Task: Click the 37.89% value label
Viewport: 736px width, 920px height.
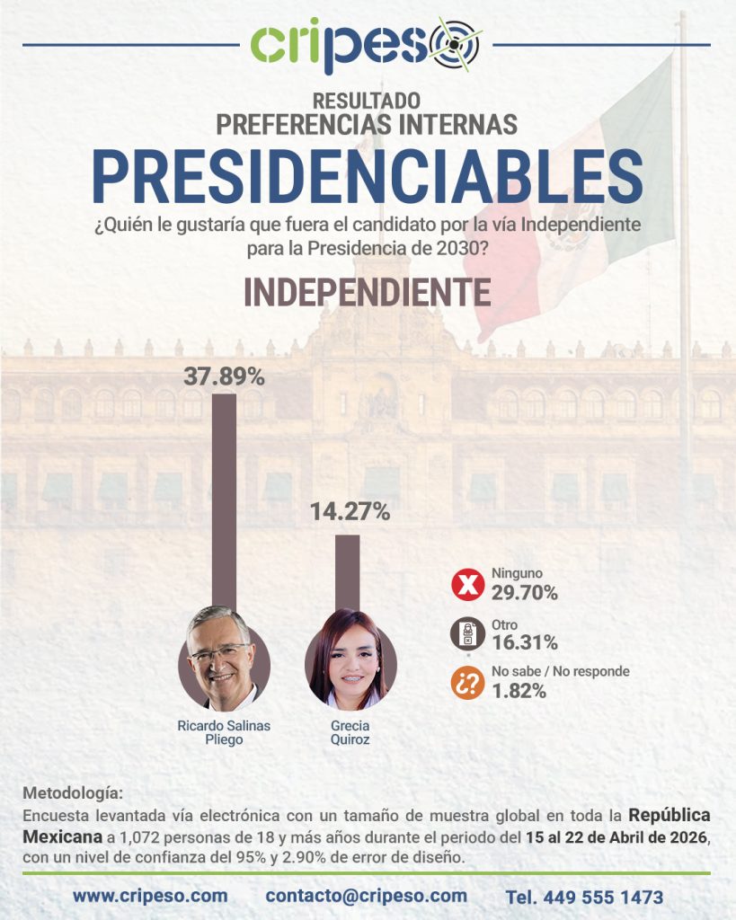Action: point(224,376)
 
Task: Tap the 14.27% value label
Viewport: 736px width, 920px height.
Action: point(350,512)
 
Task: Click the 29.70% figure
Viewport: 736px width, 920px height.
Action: point(524,593)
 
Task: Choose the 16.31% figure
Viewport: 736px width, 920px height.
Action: point(524,642)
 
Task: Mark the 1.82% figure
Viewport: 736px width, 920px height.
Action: point(519,691)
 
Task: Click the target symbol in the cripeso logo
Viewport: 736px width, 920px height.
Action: point(456,44)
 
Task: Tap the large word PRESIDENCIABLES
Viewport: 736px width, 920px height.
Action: point(368,176)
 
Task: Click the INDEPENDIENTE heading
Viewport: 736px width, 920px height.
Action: point(368,293)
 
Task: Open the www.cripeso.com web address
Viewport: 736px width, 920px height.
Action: point(150,896)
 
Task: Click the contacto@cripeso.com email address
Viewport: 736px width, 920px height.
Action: point(366,896)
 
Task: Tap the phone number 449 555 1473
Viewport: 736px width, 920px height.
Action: point(584,897)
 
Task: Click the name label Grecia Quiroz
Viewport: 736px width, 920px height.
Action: point(350,732)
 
